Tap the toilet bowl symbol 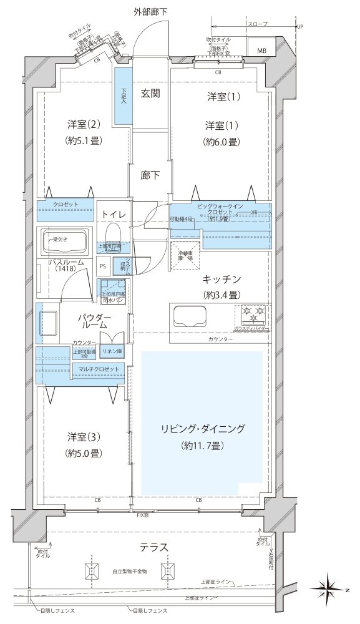(x=113, y=233)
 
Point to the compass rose (x=331, y=588)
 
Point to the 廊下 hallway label (x=150, y=175)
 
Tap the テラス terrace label (x=153, y=547)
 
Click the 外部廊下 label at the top (x=150, y=12)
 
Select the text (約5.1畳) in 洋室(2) (x=82, y=140)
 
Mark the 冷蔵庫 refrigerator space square (x=185, y=255)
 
